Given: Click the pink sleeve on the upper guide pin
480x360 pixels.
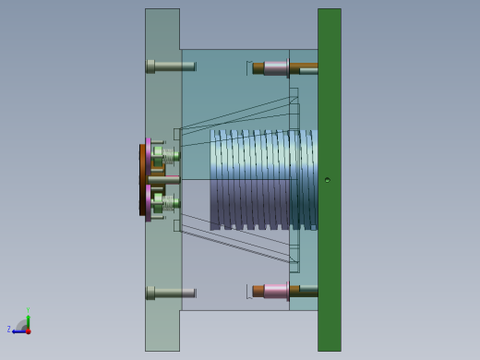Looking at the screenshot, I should [x=275, y=67].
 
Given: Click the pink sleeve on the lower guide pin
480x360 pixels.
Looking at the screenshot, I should [x=275, y=291].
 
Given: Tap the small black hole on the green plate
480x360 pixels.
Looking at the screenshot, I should [x=327, y=180].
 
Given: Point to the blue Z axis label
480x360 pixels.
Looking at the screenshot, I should [x=9, y=330].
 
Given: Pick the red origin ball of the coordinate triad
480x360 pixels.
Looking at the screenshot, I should [x=28, y=330].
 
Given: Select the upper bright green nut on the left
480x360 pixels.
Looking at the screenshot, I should [x=159, y=152].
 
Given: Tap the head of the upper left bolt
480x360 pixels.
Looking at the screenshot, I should [x=150, y=66].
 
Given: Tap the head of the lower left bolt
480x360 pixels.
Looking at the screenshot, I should [x=150, y=293].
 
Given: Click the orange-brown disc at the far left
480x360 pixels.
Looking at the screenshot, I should [x=142, y=180].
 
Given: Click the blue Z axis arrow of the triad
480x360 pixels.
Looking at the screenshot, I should [x=18, y=330].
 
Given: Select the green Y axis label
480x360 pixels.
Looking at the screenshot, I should [x=28, y=310].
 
